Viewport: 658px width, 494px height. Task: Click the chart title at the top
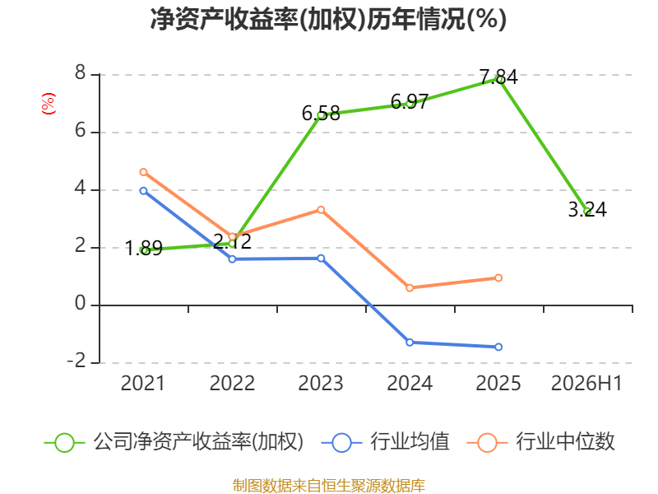328,19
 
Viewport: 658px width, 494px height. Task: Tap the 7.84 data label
498,77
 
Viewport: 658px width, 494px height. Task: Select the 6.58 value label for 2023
321,114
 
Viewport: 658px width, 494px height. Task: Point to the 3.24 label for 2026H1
587,210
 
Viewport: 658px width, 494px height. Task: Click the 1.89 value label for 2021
143,248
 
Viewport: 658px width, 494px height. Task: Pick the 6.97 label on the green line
410,101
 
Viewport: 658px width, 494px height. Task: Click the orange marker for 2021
143,172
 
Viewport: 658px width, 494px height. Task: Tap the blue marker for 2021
143,191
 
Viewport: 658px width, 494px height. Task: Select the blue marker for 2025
498,347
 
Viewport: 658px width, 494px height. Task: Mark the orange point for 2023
321,210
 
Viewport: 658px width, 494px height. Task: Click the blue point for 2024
410,343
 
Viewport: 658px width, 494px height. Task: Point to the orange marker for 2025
498,277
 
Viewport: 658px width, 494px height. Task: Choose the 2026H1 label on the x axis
586,384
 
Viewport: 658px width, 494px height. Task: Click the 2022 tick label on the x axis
232,384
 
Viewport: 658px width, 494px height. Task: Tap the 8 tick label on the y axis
80,73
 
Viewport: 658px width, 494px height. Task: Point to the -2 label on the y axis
76,361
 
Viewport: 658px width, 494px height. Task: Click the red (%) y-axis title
49,104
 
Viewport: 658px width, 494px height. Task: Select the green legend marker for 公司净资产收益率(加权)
65,443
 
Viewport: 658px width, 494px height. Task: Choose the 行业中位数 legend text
565,442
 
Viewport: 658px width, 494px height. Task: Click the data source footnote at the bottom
329,486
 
